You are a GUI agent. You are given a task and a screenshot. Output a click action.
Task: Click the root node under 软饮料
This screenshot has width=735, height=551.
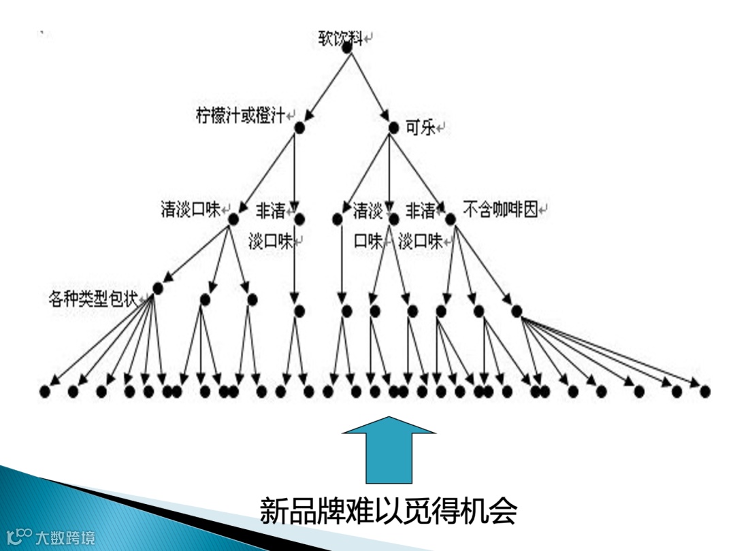(346, 48)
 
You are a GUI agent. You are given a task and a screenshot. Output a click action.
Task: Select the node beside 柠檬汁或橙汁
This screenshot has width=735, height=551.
(299, 127)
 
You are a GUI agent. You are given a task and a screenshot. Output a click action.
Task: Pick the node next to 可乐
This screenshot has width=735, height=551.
(393, 127)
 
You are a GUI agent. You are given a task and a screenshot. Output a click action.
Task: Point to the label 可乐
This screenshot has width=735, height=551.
(419, 127)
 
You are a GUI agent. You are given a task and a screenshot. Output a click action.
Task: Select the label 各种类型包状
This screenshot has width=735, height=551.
(93, 299)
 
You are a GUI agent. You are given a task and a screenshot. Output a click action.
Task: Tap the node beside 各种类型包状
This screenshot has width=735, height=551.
(158, 288)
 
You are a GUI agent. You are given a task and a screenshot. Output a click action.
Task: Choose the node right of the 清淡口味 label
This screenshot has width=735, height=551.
(233, 219)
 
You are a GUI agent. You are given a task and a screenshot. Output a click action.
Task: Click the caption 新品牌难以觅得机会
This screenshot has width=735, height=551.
(389, 510)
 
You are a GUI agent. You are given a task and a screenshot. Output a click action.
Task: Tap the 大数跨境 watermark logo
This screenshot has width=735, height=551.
(50, 538)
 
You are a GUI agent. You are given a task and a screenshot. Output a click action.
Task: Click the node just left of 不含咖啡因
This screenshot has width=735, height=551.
(450, 219)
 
